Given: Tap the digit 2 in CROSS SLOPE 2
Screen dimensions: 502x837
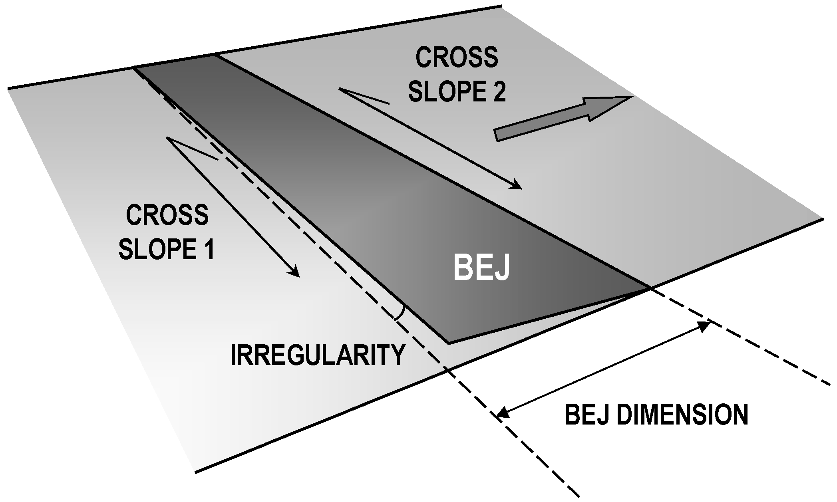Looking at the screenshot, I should pos(498,92).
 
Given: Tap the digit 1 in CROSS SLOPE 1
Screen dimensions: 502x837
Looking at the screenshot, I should pos(209,250).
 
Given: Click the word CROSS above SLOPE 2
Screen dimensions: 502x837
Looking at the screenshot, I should pos(457,58).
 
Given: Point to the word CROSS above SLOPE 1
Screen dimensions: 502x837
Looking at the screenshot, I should pos(167,215).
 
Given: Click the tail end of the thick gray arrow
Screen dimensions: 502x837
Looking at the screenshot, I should pos(497,135).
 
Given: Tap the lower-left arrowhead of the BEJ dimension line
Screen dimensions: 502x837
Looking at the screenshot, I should pos(502,414).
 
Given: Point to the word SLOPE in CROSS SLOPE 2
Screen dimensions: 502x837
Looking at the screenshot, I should pos(442,92).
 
